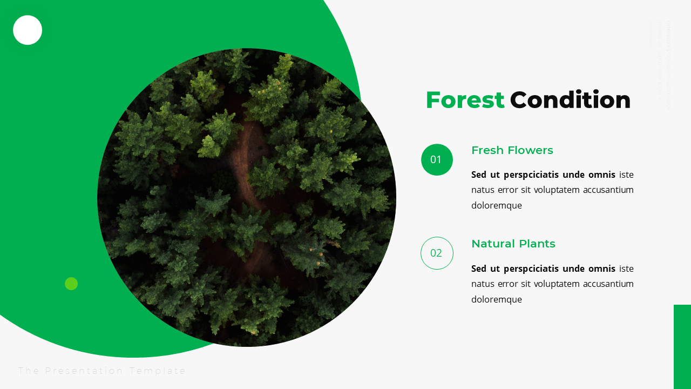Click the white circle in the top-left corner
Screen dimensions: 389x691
tap(28, 30)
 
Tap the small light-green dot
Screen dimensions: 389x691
tap(71, 284)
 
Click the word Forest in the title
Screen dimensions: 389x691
tap(465, 100)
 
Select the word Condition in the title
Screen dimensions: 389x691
tap(570, 100)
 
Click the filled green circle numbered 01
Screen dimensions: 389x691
tap(437, 159)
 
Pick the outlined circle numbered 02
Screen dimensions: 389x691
tap(437, 253)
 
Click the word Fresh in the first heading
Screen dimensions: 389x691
tap(487, 150)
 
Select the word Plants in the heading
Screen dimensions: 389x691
tap(537, 244)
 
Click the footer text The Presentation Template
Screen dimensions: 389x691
tap(102, 371)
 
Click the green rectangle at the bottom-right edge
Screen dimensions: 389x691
tap(682, 346)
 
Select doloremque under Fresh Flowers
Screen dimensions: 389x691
tap(497, 206)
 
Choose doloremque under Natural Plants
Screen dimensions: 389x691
tap(497, 300)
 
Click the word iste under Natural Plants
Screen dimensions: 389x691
tap(626, 269)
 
